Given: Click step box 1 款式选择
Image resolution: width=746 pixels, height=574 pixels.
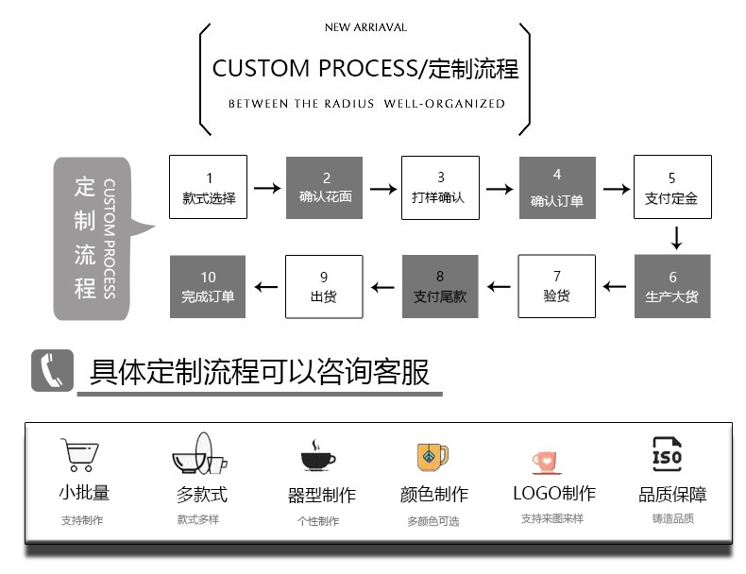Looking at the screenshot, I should pyautogui.click(x=208, y=187).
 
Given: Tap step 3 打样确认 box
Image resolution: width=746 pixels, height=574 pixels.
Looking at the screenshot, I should pyautogui.click(x=440, y=187).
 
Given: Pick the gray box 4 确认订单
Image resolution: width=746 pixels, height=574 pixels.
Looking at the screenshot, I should pyautogui.click(x=556, y=187).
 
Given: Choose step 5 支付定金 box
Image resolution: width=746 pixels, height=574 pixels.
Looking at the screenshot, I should pyautogui.click(x=672, y=187).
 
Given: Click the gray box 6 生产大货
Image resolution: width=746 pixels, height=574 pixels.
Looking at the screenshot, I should pyautogui.click(x=672, y=287).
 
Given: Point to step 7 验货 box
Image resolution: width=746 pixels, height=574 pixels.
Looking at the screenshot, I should pyautogui.click(x=556, y=287).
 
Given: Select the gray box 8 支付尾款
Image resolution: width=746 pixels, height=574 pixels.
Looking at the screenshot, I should pyautogui.click(x=440, y=287).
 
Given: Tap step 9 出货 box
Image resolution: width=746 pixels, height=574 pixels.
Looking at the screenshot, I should pyautogui.click(x=324, y=287).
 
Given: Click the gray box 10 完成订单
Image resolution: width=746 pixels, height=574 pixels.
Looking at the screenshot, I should pyautogui.click(x=208, y=287).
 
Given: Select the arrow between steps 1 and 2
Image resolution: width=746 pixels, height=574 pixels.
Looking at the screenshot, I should pyautogui.click(x=267, y=189).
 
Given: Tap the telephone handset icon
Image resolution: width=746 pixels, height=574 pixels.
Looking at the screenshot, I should pyautogui.click(x=52, y=370).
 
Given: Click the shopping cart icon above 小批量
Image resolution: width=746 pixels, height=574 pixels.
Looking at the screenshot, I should pyautogui.click(x=79, y=454).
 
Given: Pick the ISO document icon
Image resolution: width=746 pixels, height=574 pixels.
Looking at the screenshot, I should pyautogui.click(x=667, y=454).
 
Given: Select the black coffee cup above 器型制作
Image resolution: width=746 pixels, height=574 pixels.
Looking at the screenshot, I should pyautogui.click(x=318, y=457).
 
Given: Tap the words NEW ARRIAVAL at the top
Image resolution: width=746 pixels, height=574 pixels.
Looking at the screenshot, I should pyautogui.click(x=365, y=27).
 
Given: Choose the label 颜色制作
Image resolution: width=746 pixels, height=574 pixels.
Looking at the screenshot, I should pyautogui.click(x=433, y=495).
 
